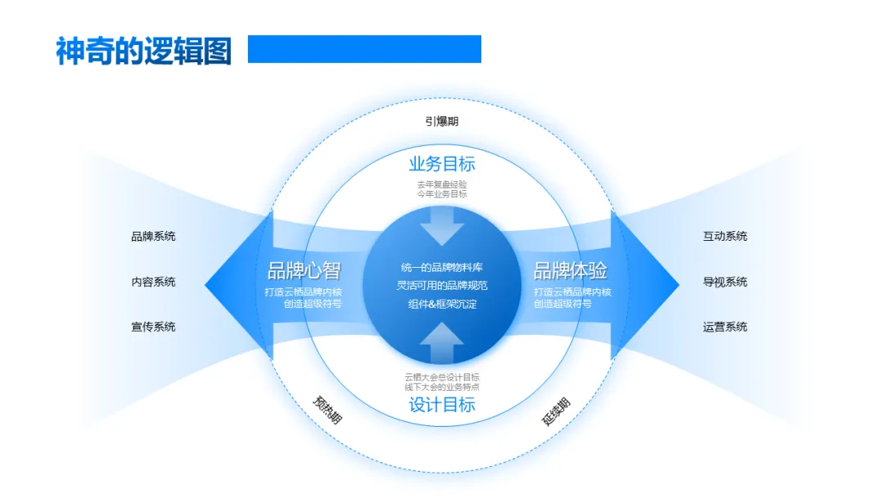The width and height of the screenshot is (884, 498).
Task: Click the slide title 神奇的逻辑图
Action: (144, 51)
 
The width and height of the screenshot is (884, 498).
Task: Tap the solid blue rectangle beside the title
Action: (364, 49)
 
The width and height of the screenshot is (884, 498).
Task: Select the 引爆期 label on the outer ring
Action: (442, 121)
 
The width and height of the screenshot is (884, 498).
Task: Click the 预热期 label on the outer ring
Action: (327, 410)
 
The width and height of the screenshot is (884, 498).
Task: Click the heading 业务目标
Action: (442, 163)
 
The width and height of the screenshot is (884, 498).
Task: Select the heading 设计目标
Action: (442, 405)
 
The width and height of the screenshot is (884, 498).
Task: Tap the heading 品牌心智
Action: (304, 271)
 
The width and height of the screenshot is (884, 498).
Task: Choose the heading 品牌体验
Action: (571, 271)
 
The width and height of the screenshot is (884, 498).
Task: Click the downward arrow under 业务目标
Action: (442, 225)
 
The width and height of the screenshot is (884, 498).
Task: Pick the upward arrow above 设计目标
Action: (442, 342)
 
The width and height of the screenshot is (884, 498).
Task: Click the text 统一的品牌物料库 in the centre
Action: (442, 268)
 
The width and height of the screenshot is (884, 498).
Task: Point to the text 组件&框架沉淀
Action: (442, 304)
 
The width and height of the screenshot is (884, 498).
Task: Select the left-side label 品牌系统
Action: (153, 237)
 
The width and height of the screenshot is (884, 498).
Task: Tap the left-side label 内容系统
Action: (153, 282)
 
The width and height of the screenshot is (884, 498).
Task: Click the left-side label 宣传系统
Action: (153, 327)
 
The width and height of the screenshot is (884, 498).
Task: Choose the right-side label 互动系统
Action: (725, 237)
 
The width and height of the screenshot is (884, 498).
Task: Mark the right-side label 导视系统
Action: (725, 282)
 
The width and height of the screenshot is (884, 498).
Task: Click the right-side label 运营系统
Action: (725, 327)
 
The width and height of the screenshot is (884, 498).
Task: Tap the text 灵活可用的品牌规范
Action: (442, 286)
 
